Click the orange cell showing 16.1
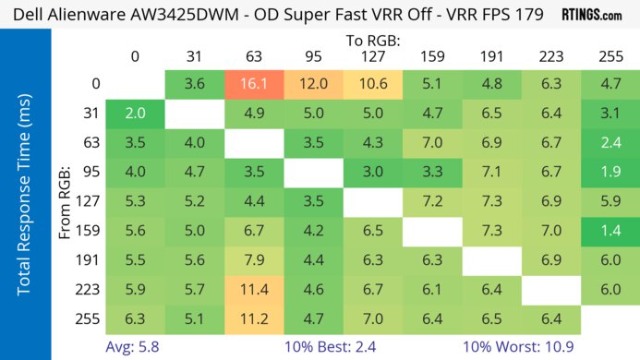coord(253,84)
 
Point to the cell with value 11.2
coord(253,320)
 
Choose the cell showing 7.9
coord(253,261)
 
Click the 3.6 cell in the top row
coord(194,84)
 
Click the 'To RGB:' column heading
coord(372,41)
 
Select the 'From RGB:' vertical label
coord(66,202)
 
